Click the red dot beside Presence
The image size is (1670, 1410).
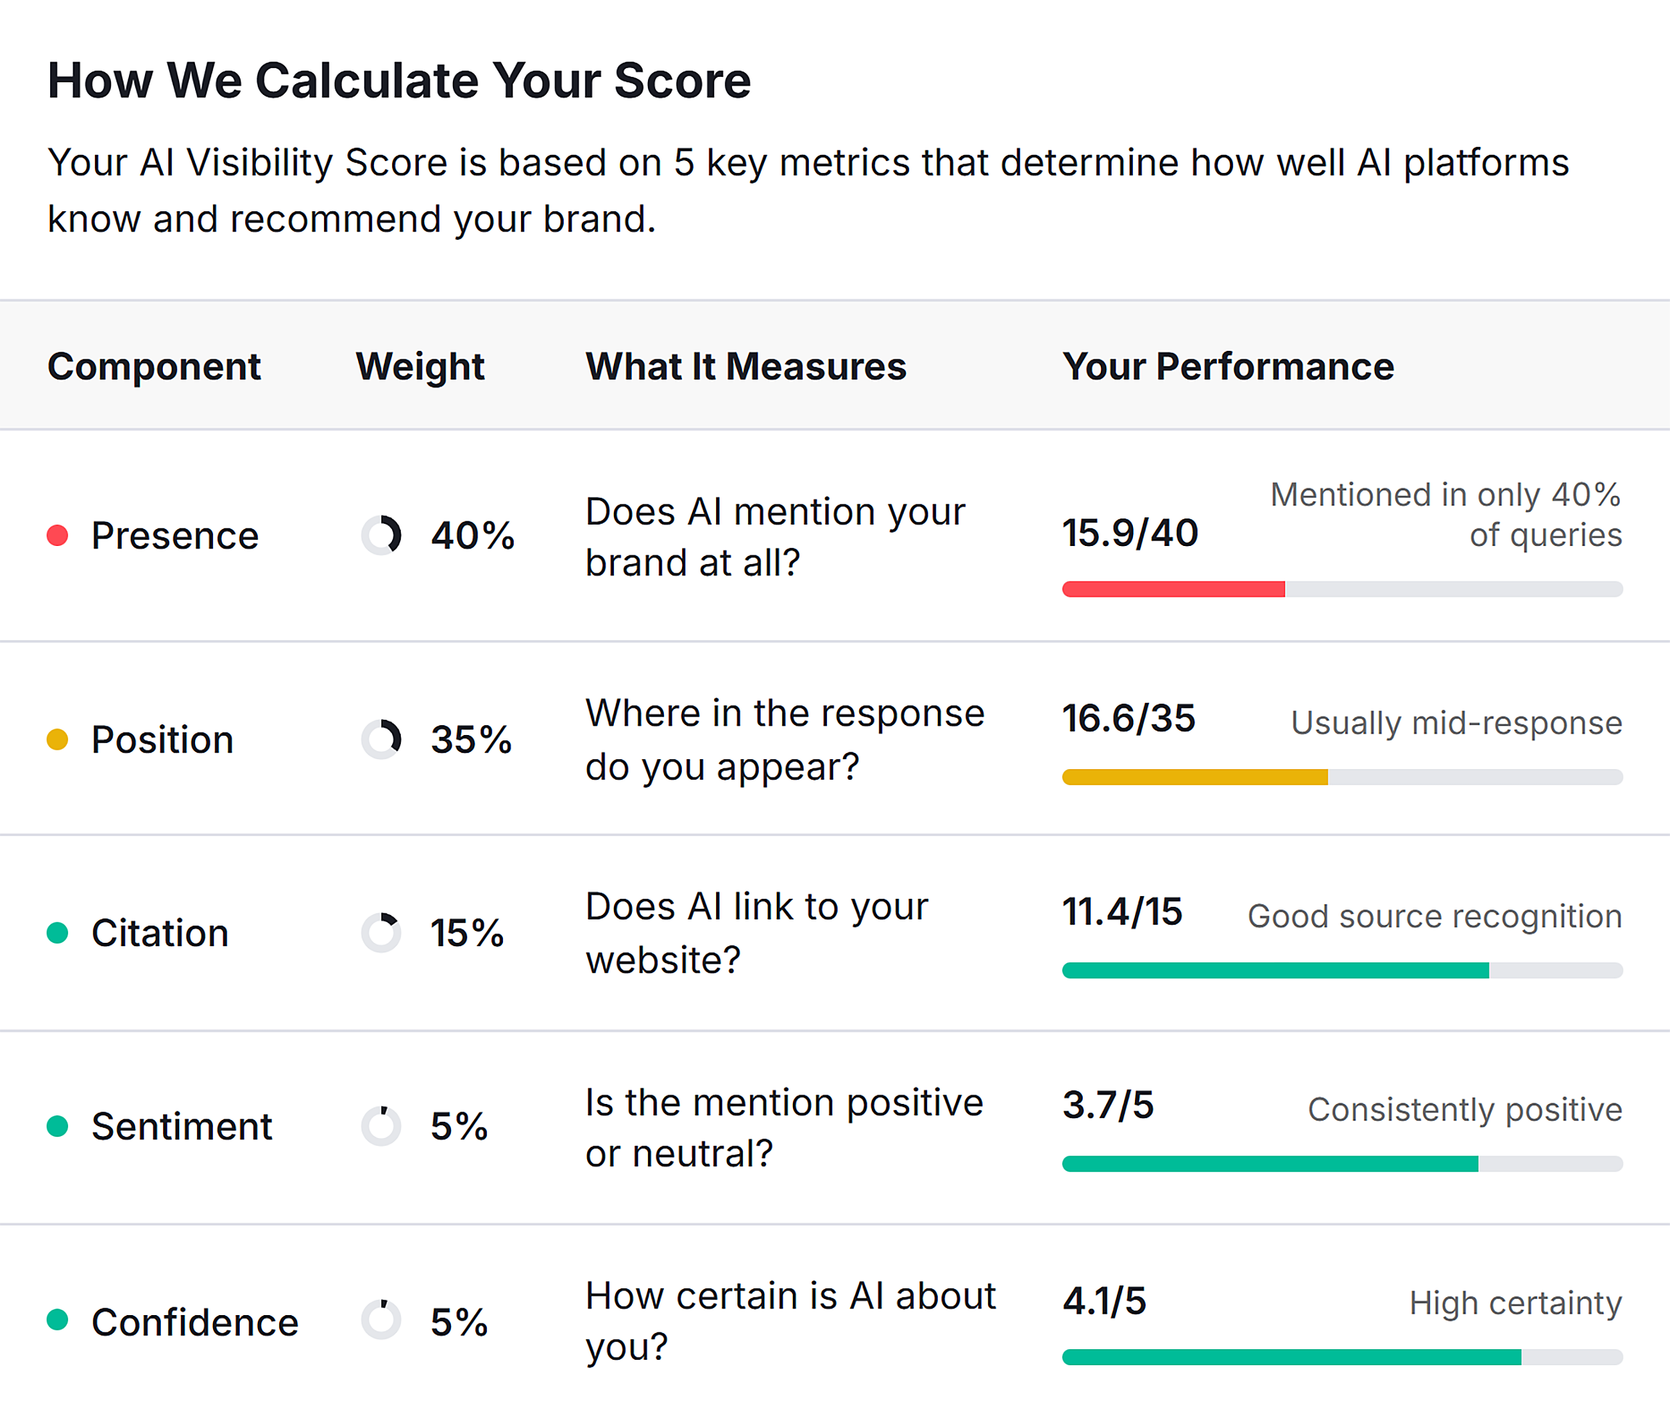pos(57,535)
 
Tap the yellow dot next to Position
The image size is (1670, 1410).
pos(57,739)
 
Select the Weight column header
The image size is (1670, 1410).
pos(420,367)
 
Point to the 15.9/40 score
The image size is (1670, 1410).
pos(1129,533)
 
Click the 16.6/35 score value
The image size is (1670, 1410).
pos(1128,718)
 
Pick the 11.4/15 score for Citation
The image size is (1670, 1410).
pos(1121,911)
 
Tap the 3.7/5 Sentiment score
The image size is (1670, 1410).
pos(1108,1105)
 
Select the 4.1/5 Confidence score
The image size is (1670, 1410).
pos(1104,1300)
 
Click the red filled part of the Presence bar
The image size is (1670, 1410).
pos(1172,589)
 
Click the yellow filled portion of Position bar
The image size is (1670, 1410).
pos(1194,777)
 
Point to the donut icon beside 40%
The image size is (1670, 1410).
pos(381,535)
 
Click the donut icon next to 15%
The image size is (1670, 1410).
pos(381,932)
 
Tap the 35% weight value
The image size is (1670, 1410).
pos(472,739)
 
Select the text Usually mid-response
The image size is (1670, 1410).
pos(1456,722)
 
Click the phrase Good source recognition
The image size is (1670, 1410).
pos(1434,916)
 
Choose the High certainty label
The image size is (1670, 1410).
pos(1515,1303)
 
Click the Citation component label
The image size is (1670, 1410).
pos(160,933)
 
